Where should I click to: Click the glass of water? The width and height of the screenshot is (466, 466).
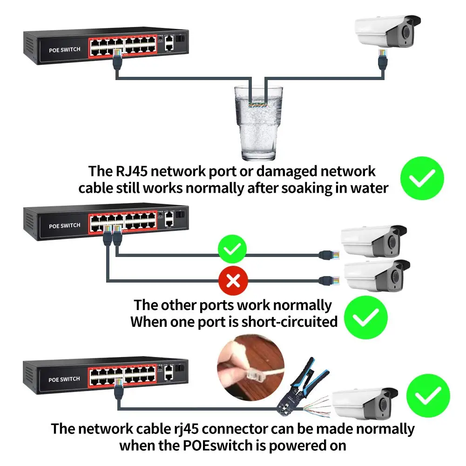point(258,123)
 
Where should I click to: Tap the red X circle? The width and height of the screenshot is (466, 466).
point(233,281)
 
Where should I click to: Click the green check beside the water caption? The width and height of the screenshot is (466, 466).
point(422,178)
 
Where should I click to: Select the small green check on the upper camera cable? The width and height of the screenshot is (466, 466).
point(232,249)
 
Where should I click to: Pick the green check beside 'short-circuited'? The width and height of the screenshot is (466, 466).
point(366,317)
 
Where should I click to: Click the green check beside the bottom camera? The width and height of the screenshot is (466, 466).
point(428,396)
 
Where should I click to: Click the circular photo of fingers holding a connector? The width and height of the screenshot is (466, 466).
point(250,368)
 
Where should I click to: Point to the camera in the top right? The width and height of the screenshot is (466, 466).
point(388,31)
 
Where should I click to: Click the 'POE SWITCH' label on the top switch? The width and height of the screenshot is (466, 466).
point(65,50)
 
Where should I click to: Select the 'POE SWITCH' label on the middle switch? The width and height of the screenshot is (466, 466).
point(65,226)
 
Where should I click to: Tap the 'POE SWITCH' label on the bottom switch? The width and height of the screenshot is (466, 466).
point(64,379)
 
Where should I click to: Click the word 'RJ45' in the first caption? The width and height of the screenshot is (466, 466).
point(131,171)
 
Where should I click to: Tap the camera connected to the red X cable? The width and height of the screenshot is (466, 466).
point(377,276)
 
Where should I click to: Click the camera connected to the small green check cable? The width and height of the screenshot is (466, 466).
point(374,241)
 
